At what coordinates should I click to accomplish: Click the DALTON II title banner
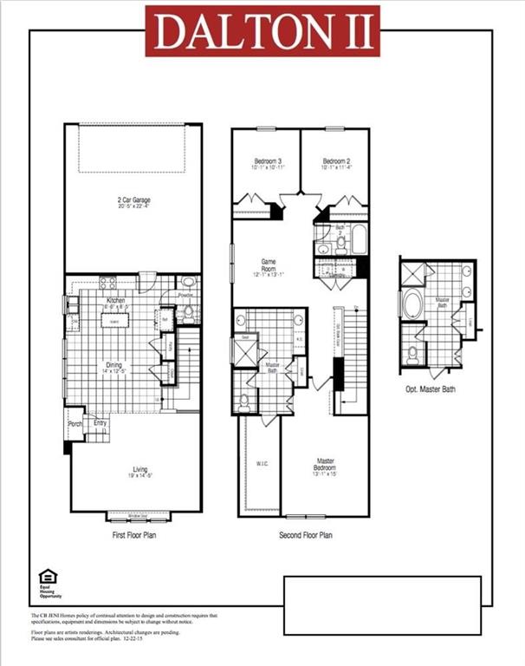(x=262, y=32)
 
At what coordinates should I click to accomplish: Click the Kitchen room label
(x=116, y=300)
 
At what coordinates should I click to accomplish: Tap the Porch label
(x=75, y=424)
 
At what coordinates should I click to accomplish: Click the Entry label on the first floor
(x=100, y=423)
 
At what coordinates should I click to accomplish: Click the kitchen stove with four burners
(x=109, y=282)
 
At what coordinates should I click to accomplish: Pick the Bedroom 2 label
(x=336, y=161)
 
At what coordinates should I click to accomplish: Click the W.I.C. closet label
(x=262, y=464)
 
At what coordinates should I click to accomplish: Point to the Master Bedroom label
(x=326, y=464)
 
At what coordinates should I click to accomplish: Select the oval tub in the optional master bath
(x=412, y=305)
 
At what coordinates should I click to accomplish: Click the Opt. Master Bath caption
(x=431, y=389)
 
